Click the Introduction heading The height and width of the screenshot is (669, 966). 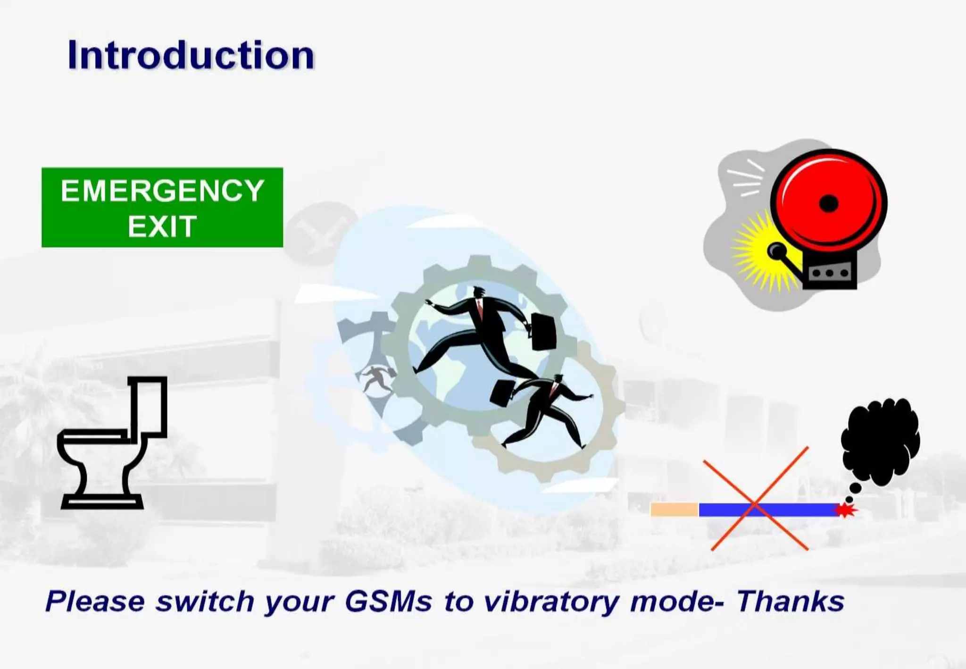[191, 55]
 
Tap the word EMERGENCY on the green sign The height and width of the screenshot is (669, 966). [162, 191]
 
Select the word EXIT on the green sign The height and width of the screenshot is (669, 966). [162, 226]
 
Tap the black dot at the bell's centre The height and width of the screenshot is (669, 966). [829, 204]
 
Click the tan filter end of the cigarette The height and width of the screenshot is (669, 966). [675, 510]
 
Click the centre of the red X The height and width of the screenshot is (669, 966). [755, 505]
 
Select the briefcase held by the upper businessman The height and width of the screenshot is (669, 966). [543, 332]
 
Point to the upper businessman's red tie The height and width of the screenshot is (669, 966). [480, 309]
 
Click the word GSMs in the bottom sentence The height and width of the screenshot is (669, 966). [388, 602]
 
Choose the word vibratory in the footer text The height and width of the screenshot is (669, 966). [551, 602]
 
